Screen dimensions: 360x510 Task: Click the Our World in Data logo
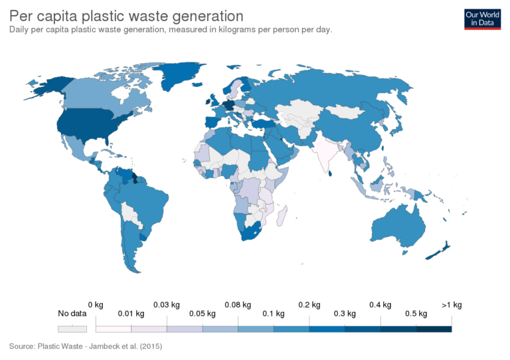click(482, 19)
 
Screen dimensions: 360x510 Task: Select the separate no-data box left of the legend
click(72, 329)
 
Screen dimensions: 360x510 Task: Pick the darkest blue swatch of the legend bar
click(434, 329)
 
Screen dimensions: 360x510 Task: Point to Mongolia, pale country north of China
click(349, 110)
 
